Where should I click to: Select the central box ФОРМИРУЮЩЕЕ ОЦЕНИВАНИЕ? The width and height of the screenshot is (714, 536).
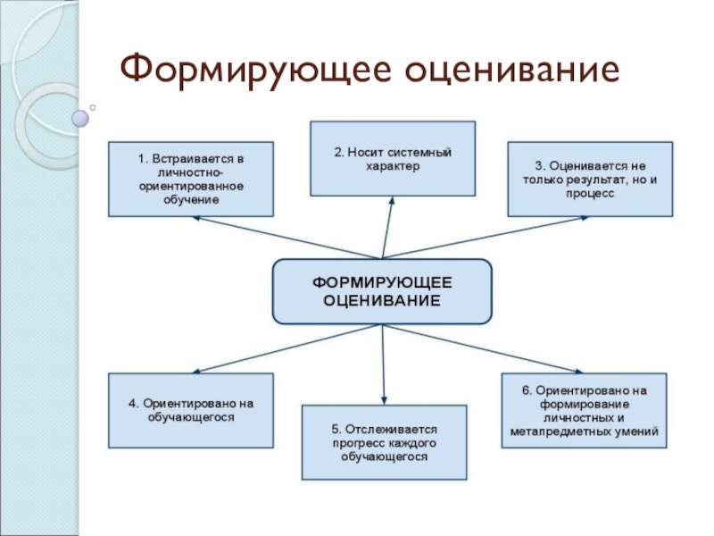point(382,291)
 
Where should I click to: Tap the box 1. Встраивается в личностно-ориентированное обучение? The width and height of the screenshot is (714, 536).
point(190,179)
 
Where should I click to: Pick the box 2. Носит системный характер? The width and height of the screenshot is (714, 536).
point(393,158)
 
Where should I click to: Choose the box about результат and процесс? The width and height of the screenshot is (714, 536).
point(590,179)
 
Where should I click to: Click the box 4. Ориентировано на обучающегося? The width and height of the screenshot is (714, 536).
point(190,410)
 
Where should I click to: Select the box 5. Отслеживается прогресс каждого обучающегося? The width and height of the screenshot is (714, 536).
point(385,442)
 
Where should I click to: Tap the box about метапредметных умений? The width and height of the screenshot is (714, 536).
point(584,410)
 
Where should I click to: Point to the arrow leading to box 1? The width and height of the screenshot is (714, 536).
point(286,238)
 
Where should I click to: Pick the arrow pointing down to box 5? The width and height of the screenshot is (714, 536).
point(384,366)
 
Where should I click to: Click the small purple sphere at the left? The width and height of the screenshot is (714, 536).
point(80,116)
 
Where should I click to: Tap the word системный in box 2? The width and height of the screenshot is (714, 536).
point(420,153)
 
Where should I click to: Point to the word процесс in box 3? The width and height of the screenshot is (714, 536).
point(590,193)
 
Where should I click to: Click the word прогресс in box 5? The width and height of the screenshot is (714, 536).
point(361,442)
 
